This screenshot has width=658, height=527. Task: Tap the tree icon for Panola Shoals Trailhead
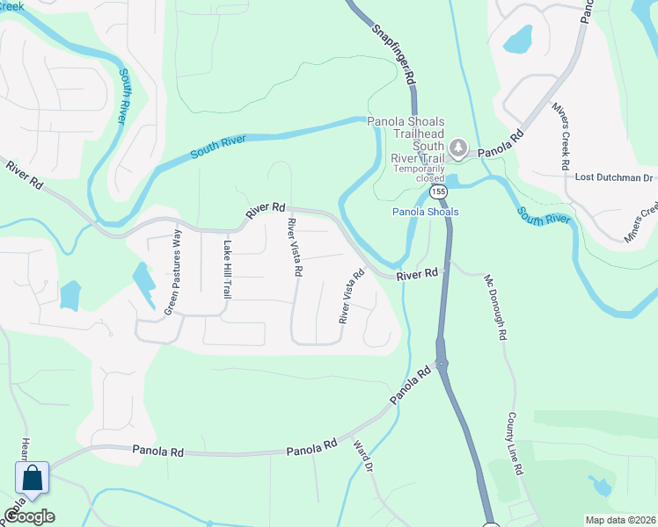[457, 146]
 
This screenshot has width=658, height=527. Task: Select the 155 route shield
[437, 191]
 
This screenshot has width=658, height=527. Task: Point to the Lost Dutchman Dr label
[614, 177]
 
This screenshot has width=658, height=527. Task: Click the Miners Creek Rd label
[561, 135]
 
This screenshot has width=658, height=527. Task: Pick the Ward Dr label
[363, 457]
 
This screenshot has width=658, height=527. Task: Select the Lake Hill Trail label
[226, 269]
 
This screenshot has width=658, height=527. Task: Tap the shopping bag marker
[33, 479]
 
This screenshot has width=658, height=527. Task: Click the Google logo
[29, 516]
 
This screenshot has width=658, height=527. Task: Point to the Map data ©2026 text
[619, 520]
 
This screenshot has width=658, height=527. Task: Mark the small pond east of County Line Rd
[601, 486]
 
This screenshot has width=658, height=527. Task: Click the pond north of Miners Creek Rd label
[519, 39]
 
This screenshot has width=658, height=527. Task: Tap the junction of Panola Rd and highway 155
[441, 362]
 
